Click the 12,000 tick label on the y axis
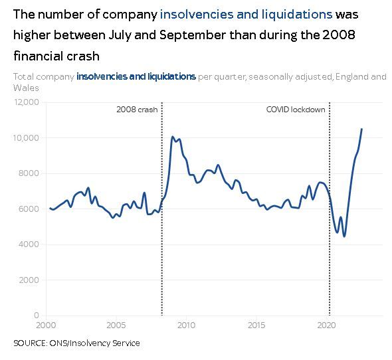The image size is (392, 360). tap(26, 102)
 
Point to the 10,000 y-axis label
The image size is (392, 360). tap(26, 137)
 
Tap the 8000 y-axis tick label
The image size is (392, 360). tap(29, 173)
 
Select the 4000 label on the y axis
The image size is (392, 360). tap(29, 244)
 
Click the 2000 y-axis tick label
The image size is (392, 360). tap(29, 280)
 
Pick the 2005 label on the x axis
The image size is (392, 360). tap(116, 325)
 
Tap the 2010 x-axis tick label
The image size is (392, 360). tap(186, 325)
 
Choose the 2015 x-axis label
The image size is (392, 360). tap(256, 325)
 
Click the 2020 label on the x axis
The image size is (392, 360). tap(326, 325)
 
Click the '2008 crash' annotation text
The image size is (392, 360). tap(137, 110)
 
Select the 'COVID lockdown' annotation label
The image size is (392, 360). tap(296, 110)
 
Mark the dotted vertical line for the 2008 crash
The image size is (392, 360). tap(162, 209)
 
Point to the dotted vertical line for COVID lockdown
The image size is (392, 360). tap(330, 209)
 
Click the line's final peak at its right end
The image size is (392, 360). tap(361, 129)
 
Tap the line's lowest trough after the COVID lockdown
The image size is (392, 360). tap(344, 236)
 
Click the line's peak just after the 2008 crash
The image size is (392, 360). tap(172, 137)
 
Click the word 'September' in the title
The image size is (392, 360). tap(193, 35)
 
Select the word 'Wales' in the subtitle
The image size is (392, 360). tap(26, 88)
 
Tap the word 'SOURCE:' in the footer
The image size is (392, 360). tap(31, 343)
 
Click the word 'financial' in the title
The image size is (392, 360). tap(35, 56)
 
